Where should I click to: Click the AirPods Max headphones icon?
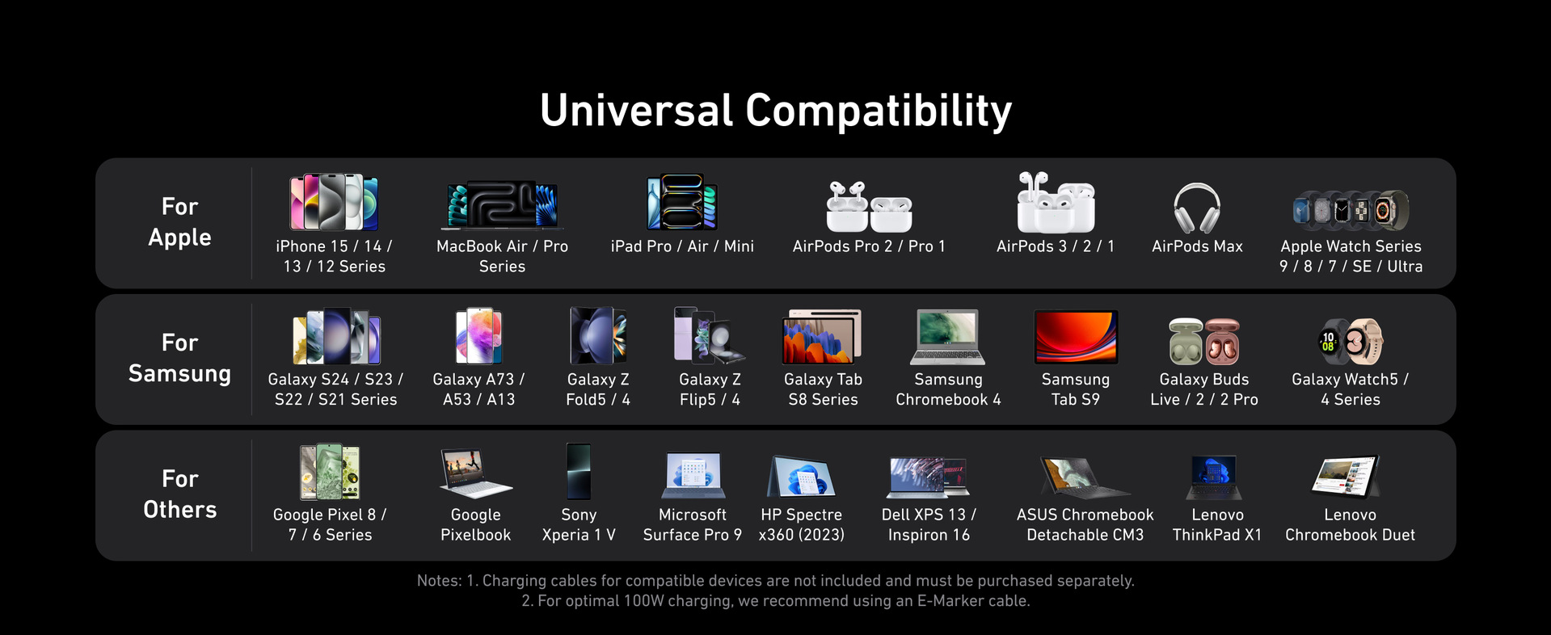(x=1197, y=208)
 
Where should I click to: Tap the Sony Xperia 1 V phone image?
(x=579, y=471)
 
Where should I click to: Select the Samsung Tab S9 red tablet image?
(x=1076, y=337)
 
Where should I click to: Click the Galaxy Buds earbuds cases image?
(x=1204, y=341)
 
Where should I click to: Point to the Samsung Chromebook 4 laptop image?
(x=948, y=337)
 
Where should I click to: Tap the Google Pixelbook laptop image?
(x=475, y=473)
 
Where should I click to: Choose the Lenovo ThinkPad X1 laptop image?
(x=1216, y=477)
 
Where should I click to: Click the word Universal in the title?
(x=637, y=111)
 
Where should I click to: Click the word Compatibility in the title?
(x=879, y=111)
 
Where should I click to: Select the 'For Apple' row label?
(x=179, y=221)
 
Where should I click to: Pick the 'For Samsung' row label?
(x=179, y=358)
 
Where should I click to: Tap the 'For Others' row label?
(x=179, y=494)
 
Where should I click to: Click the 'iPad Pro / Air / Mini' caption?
(x=682, y=246)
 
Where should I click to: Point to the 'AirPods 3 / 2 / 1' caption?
(x=1056, y=246)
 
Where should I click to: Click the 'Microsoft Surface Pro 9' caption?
(x=693, y=524)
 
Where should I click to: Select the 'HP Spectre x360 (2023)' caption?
(x=802, y=524)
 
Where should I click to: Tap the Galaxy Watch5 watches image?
(x=1351, y=341)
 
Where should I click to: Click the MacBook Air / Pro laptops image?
(x=502, y=204)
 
